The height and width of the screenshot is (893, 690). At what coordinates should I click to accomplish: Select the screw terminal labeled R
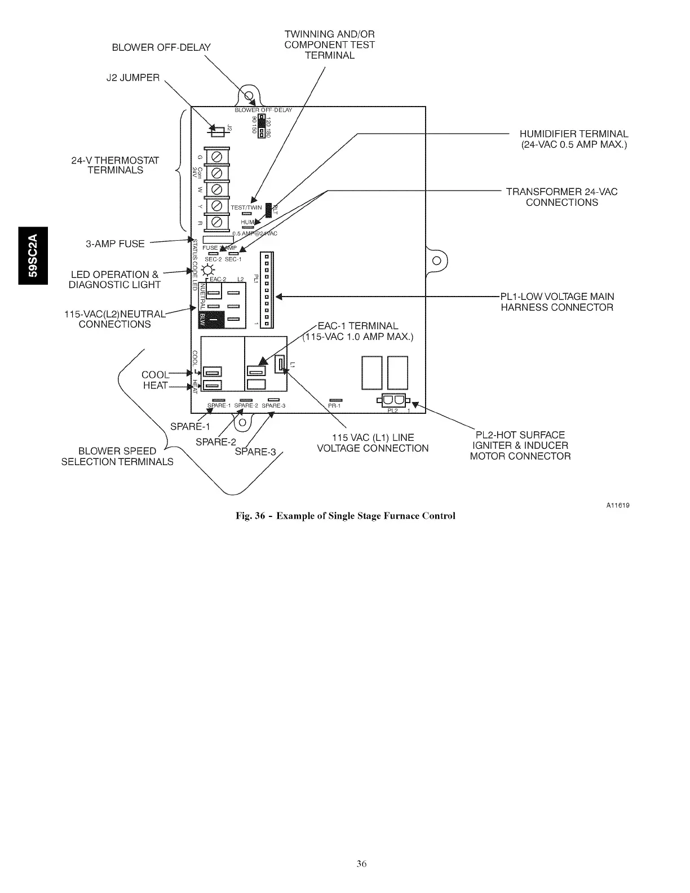coord(215,222)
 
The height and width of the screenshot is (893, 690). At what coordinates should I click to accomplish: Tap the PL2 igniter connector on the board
coord(393,400)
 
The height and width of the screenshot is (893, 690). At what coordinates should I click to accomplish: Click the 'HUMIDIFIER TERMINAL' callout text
coord(573,134)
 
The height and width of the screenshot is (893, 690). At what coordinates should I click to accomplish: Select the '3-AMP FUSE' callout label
coord(115,244)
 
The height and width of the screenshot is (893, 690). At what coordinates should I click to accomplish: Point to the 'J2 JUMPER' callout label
coord(133,78)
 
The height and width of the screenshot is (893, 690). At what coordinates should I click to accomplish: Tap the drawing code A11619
coord(618,505)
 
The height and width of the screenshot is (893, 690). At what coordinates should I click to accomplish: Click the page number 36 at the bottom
coord(361,864)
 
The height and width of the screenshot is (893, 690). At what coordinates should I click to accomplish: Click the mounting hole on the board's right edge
coord(436,260)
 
